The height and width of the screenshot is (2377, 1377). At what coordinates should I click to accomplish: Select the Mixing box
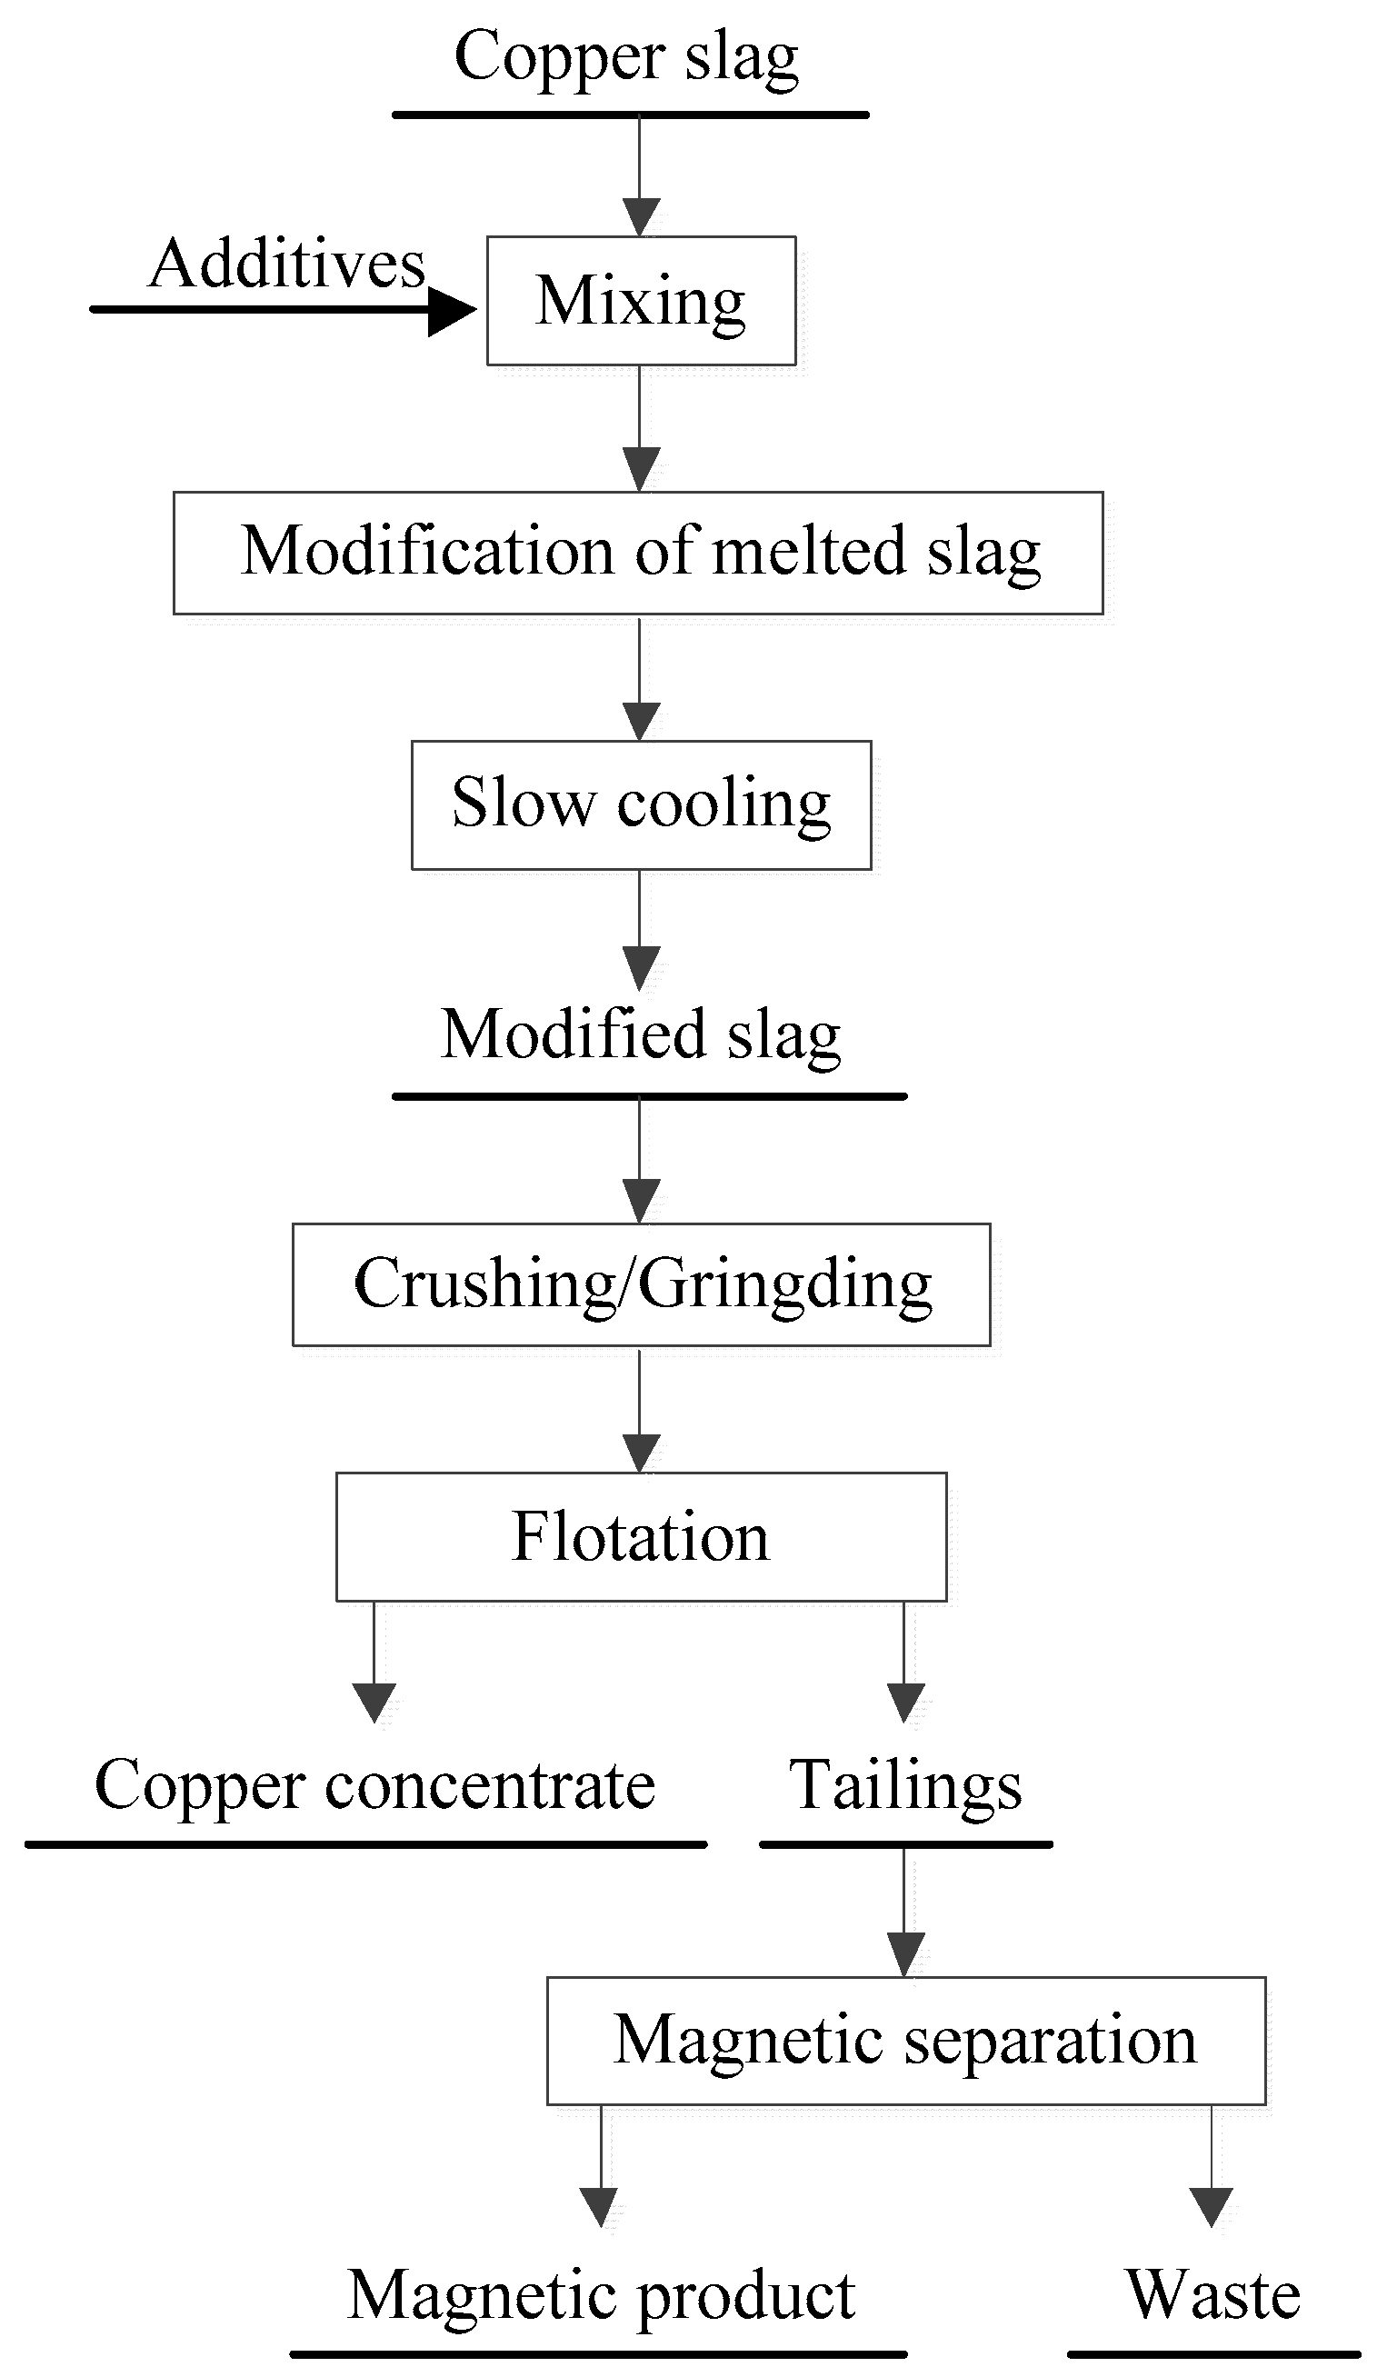point(641,301)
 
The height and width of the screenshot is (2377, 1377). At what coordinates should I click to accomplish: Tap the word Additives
point(286,265)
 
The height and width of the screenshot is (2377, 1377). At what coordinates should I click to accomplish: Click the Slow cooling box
point(641,804)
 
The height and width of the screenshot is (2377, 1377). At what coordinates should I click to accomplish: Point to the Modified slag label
point(641,1034)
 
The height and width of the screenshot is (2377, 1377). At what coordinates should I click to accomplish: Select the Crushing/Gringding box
point(641,1284)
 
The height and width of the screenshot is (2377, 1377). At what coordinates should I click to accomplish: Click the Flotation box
point(641,1535)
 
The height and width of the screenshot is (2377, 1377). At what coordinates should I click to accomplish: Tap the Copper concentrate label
point(374,1785)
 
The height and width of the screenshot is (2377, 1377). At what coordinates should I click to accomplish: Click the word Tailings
point(904,1785)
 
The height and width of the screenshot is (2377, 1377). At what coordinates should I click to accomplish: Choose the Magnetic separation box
point(904,2040)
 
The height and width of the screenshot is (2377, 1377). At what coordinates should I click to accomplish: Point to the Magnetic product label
point(601,2295)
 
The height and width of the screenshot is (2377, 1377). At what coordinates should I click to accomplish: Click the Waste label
point(1212,2295)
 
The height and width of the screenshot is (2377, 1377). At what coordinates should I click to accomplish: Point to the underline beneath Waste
point(1212,2354)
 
